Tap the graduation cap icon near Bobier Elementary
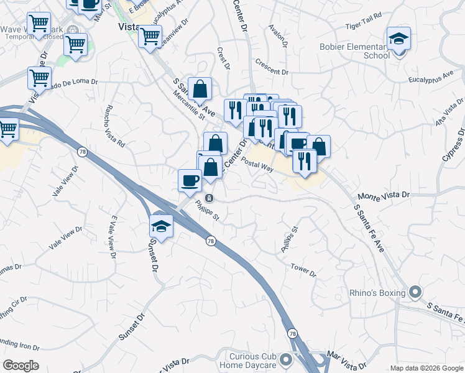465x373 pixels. pos(398,40)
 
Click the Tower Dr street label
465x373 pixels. pos(303,270)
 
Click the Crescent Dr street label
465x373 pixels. pos(272,67)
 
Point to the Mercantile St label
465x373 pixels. pos(188,103)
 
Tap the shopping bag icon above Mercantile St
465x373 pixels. pos(200,90)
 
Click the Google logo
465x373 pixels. pos(21,366)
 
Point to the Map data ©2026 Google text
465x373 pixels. pos(426,368)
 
